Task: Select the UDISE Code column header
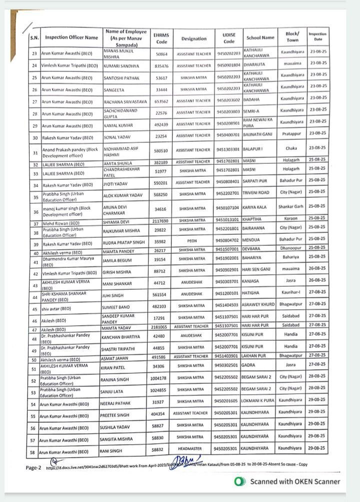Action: point(228,38)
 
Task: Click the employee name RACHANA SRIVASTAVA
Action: point(125,101)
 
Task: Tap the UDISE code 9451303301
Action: point(228,149)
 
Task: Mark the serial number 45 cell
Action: point(34,308)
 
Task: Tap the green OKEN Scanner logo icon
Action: point(240,482)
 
